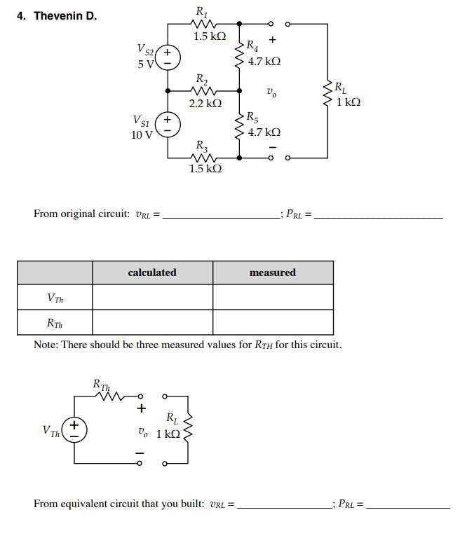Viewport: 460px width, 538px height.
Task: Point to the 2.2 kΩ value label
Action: tap(205, 103)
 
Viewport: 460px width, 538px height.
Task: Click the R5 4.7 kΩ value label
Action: tap(264, 132)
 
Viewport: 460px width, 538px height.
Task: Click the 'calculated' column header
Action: tap(152, 273)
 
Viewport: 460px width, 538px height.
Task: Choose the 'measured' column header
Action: tap(273, 273)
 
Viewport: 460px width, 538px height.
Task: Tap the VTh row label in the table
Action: tap(55, 298)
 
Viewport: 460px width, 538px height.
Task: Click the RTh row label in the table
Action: tap(55, 323)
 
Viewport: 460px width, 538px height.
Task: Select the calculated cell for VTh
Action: tap(152, 298)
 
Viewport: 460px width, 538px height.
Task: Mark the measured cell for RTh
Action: tap(273, 323)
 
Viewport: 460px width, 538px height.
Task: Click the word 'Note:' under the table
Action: tap(46, 345)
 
